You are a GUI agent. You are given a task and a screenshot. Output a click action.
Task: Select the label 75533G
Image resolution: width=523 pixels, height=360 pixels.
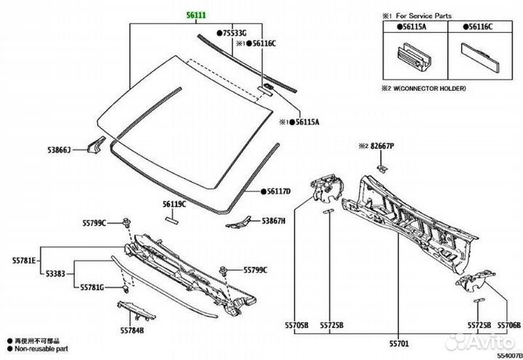pyautogui.click(x=234, y=33)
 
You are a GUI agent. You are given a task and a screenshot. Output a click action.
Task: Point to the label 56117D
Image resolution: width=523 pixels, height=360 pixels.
pyautogui.click(x=277, y=191)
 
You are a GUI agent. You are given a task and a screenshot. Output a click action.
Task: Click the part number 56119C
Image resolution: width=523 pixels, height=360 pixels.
pyautogui.click(x=174, y=205)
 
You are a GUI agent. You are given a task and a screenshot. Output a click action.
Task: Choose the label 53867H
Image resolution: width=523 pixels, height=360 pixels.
pyautogui.click(x=275, y=221)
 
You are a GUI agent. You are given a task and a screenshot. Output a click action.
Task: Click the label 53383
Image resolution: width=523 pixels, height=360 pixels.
pyautogui.click(x=54, y=274)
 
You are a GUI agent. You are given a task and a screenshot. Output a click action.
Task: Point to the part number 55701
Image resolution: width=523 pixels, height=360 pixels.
pyautogui.click(x=400, y=340)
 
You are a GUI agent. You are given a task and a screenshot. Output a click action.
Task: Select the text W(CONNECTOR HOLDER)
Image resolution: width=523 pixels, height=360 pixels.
pyautogui.click(x=430, y=88)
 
